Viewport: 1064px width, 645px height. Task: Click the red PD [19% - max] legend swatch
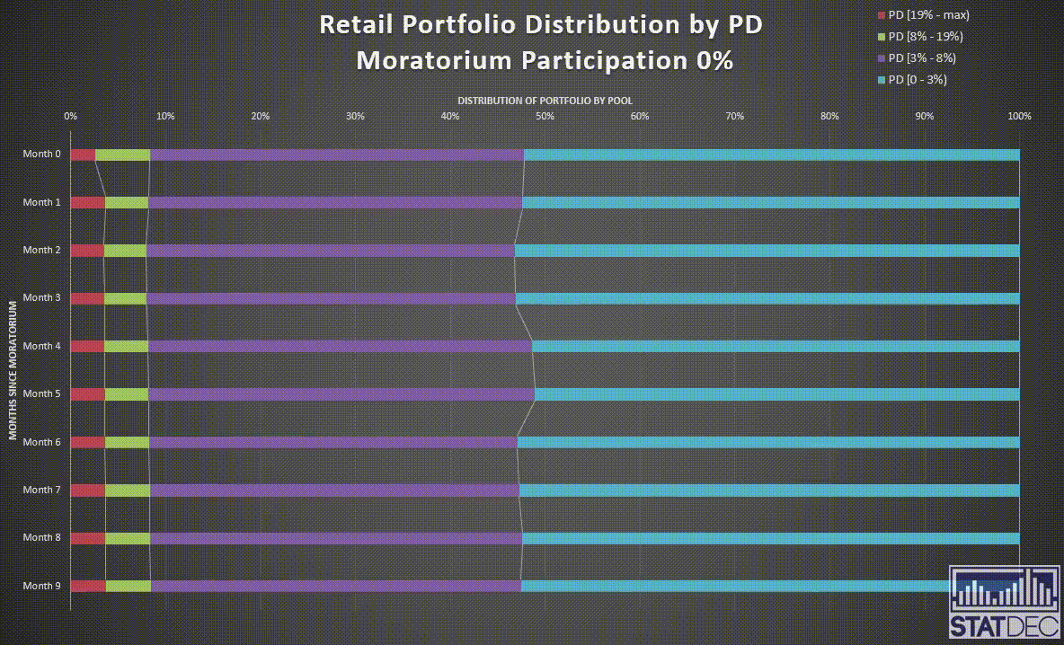pyautogui.click(x=882, y=15)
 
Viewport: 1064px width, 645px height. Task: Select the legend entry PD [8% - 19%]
pyautogui.click(x=925, y=37)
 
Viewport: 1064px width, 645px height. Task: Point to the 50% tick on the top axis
pyautogui.click(x=545, y=116)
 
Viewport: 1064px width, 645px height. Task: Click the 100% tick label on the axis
pyautogui.click(x=1019, y=116)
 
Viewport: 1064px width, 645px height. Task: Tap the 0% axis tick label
pyautogui.click(x=70, y=116)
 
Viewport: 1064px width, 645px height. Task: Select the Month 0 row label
pyautogui.click(x=42, y=155)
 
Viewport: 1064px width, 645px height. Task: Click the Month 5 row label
pyautogui.click(x=42, y=393)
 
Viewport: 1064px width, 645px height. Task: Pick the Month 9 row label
pyautogui.click(x=42, y=586)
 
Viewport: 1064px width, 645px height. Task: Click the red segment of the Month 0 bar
pyautogui.click(x=83, y=155)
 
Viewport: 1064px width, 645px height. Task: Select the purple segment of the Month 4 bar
pyautogui.click(x=340, y=346)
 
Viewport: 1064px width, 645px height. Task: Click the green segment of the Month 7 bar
pyautogui.click(x=128, y=490)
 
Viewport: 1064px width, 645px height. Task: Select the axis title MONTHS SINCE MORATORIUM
pyautogui.click(x=13, y=369)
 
